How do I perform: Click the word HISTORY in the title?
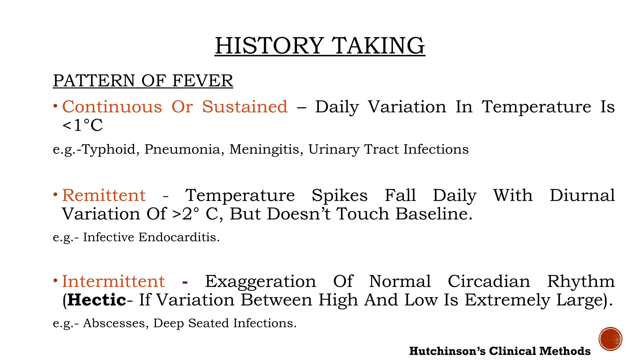coord(269,46)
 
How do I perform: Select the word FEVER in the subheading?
coord(202,81)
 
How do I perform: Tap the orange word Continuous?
coord(112,107)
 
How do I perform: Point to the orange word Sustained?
coord(244,107)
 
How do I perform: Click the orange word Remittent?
coord(104,196)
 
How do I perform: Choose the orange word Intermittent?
coord(113,281)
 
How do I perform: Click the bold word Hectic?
coord(97,300)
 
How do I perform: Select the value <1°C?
coord(82,126)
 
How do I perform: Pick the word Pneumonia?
coord(184,149)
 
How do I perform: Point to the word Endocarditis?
coord(179,237)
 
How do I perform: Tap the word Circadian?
coord(489,281)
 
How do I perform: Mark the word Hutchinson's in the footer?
coord(447,351)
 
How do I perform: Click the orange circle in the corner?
coord(610,339)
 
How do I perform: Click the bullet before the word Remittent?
coord(55,195)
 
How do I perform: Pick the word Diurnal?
coord(582,196)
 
